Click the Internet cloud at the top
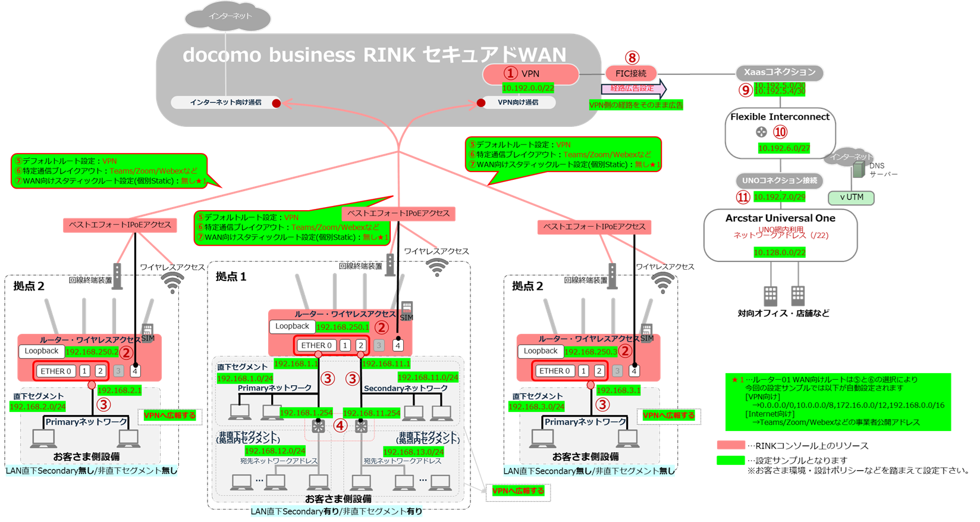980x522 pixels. (x=228, y=17)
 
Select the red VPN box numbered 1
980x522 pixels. (x=530, y=74)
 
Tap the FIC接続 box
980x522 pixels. (x=631, y=74)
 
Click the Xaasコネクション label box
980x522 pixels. (x=779, y=73)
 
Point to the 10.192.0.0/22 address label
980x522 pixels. (x=528, y=88)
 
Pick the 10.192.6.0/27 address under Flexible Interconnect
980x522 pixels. (x=784, y=148)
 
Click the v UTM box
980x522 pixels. (x=851, y=198)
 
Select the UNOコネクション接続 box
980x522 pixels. (x=780, y=180)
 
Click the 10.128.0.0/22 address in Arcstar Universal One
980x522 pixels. (x=780, y=252)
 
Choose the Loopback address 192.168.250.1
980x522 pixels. (x=343, y=327)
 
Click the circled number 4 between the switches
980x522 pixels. (x=340, y=426)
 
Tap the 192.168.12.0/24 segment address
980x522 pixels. (x=275, y=451)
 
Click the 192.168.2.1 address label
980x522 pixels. (x=120, y=390)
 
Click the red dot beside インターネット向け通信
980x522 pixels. (x=277, y=103)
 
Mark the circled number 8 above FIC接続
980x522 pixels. (x=632, y=58)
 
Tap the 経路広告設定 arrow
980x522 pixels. (x=633, y=89)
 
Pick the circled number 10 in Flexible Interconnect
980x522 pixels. (x=780, y=132)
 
